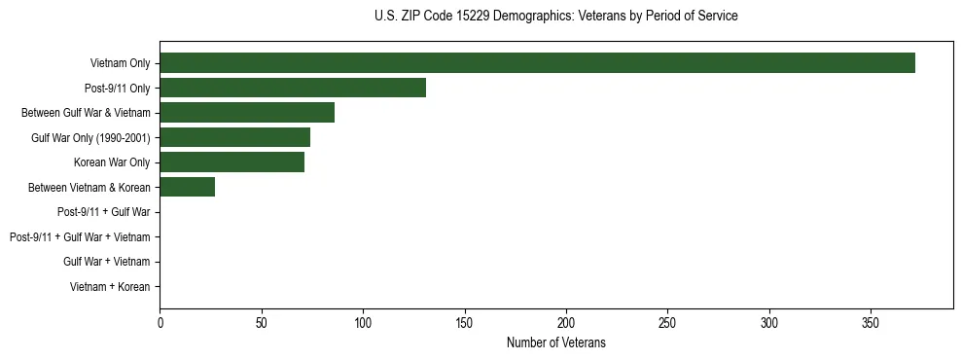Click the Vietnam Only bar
click(537, 63)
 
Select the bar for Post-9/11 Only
click(293, 88)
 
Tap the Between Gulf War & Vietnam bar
click(247, 113)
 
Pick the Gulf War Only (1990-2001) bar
click(234, 137)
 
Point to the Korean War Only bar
click(232, 162)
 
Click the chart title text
click(555, 17)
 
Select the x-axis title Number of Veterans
click(555, 342)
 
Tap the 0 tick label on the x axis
click(160, 321)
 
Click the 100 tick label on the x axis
click(363, 321)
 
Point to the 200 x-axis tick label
click(566, 321)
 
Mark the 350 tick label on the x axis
click(871, 321)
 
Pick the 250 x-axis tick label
click(667, 321)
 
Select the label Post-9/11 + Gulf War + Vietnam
click(80, 237)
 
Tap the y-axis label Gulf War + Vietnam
click(107, 262)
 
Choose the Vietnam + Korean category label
click(110, 287)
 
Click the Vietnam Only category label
click(120, 63)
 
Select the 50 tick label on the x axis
click(261, 321)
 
